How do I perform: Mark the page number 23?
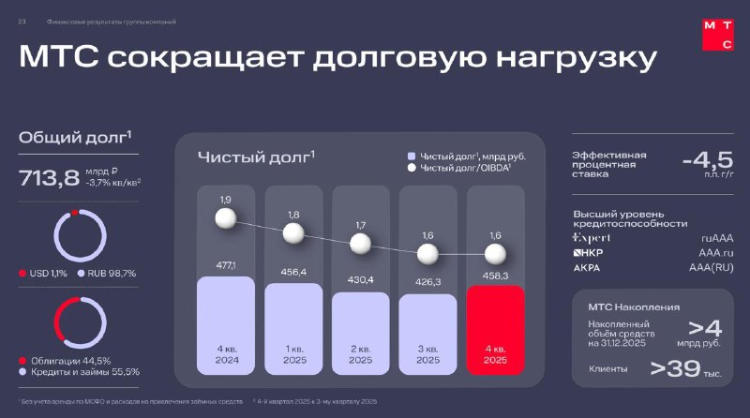(22, 21)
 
